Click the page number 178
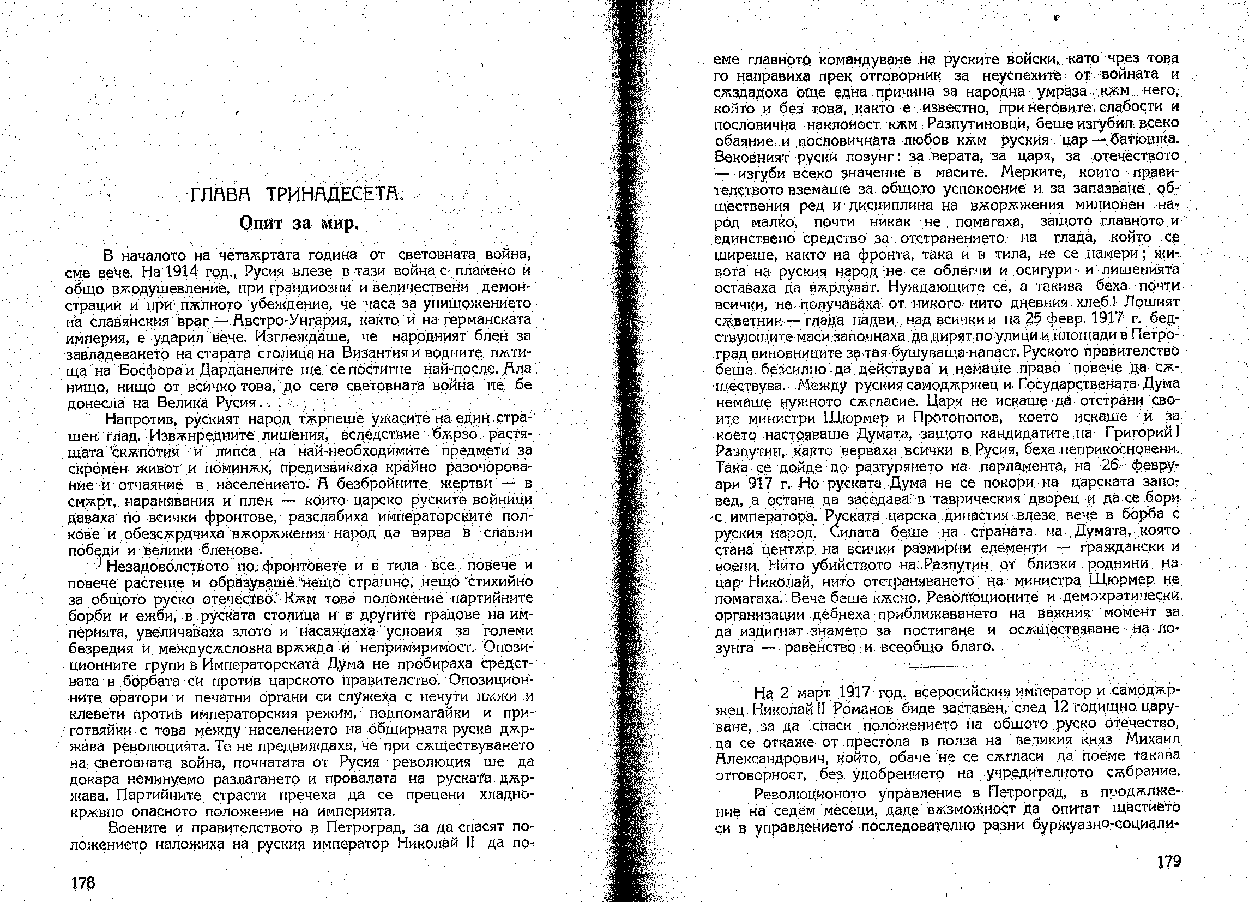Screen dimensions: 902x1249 pos(83,883)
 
